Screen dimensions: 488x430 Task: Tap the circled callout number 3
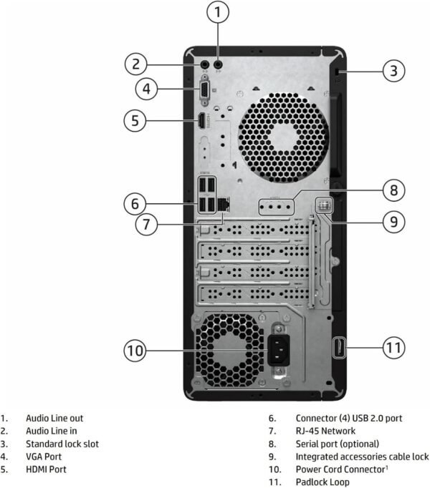coord(392,71)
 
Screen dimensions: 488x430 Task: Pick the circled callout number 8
coord(392,190)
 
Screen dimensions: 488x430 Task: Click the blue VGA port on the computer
coord(204,89)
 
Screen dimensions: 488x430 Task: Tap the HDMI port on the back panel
coord(202,121)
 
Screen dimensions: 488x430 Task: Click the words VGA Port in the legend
coord(44,457)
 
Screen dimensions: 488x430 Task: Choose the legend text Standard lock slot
coord(62,444)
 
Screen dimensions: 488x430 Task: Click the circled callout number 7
coord(145,224)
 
